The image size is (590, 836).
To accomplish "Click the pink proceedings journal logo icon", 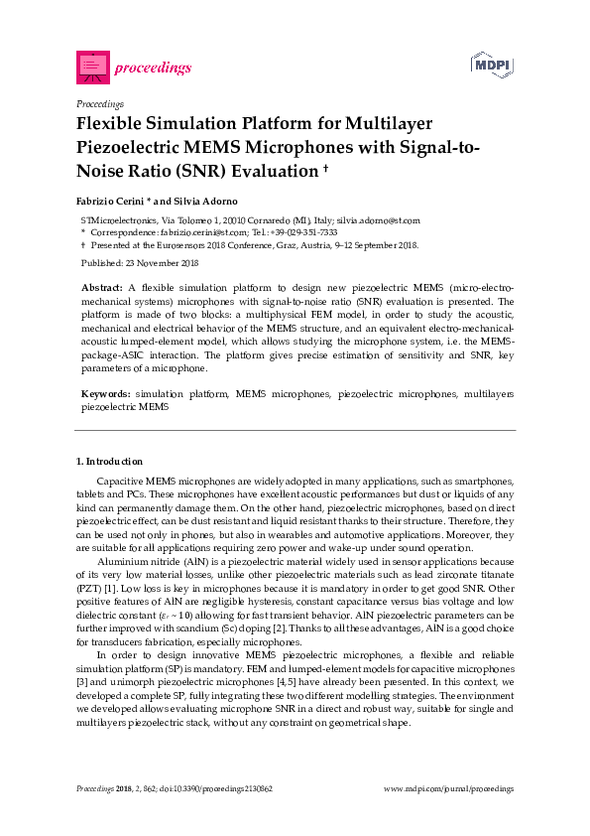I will tap(92, 68).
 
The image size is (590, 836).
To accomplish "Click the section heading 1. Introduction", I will tap(109, 462).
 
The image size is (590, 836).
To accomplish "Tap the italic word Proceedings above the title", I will tap(99, 103).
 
